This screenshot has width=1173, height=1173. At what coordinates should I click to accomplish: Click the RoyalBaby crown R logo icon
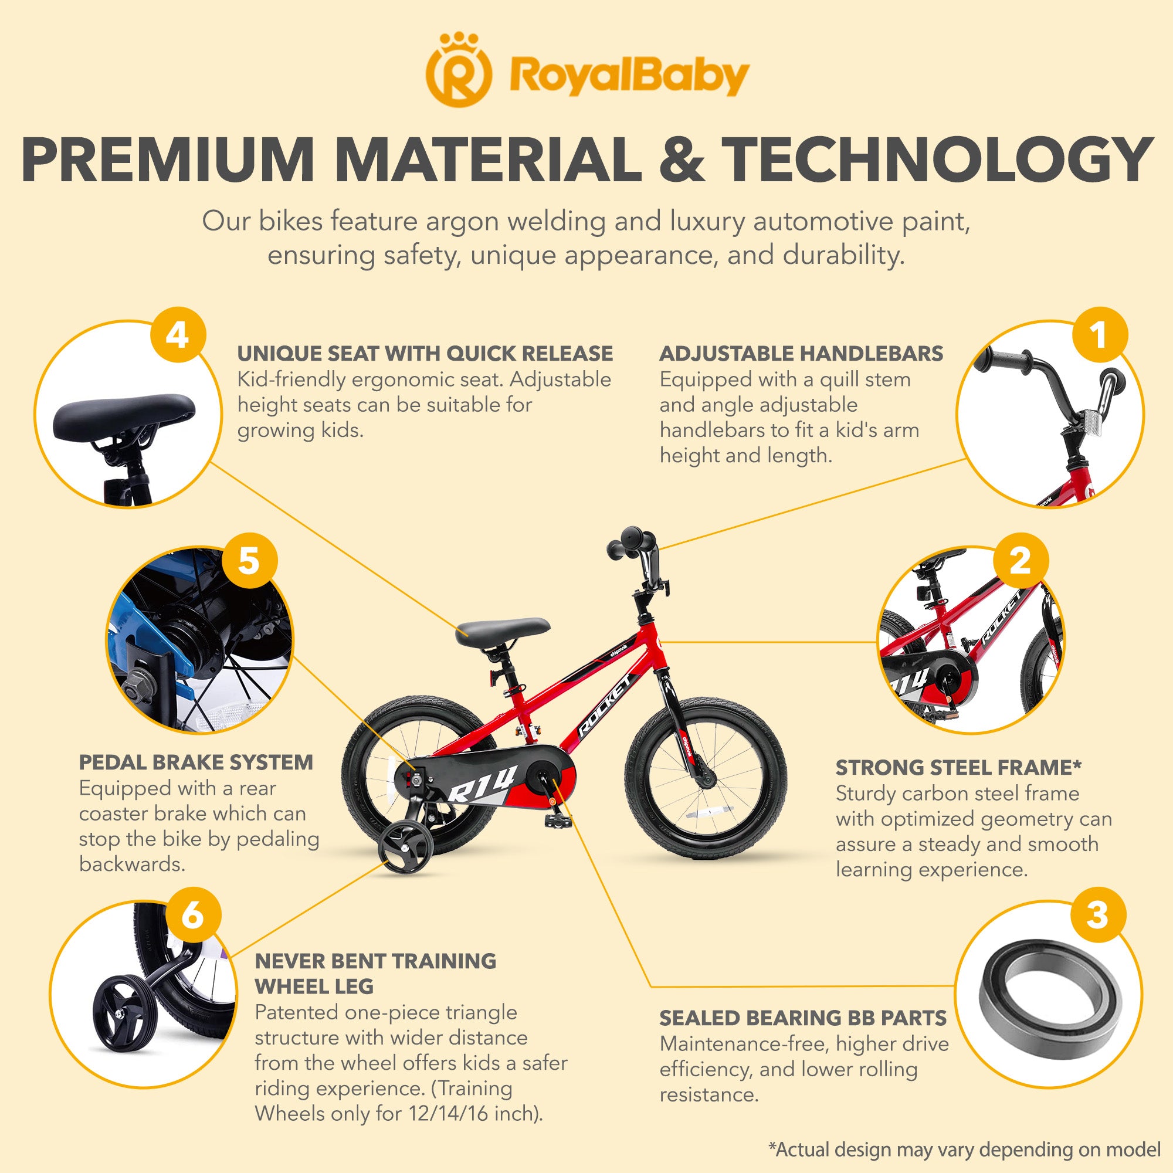tap(459, 71)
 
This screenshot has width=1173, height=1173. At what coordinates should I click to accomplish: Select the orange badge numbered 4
tap(178, 334)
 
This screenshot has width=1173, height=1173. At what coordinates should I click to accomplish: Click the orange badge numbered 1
tap(1099, 334)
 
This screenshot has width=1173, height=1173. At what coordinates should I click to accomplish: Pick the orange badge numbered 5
tap(249, 560)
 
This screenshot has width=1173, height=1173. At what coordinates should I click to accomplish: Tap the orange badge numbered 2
tap(1021, 560)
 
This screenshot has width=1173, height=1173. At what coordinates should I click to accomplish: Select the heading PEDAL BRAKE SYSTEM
tap(196, 762)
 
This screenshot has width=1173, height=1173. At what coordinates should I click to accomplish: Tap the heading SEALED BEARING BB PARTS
tap(804, 1018)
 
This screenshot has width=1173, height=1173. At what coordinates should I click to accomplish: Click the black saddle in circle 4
tap(124, 415)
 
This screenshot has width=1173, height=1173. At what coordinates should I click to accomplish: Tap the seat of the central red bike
tap(503, 632)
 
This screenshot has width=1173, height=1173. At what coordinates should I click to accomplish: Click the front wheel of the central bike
tap(706, 778)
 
